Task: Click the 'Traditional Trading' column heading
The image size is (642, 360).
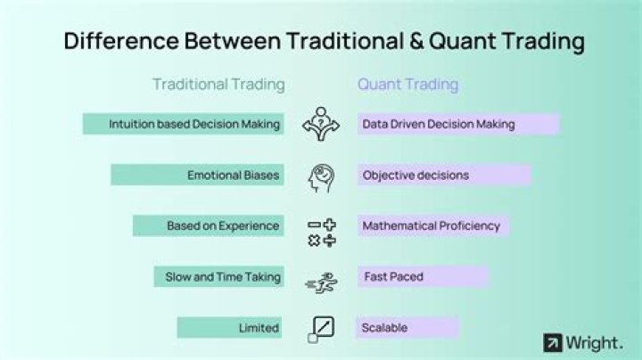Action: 218,85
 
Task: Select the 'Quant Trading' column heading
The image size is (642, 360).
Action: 407,85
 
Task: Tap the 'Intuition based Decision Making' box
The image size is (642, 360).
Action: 183,124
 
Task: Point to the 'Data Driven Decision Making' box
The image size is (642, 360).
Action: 457,124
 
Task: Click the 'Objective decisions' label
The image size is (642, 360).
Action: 443,175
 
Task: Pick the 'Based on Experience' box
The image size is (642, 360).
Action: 208,225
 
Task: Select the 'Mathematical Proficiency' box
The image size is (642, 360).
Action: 432,225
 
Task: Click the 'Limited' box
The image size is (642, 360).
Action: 230,327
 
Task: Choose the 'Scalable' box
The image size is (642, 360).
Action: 407,327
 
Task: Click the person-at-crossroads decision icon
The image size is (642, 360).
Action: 320,124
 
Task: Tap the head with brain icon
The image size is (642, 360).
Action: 320,176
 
